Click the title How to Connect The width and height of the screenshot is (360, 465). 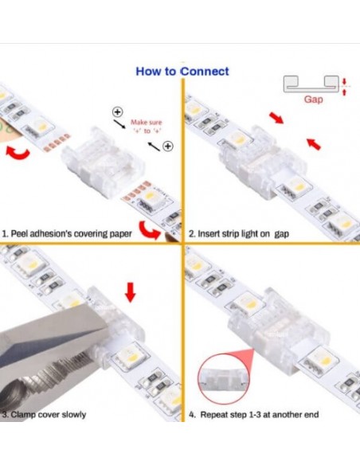click(182, 71)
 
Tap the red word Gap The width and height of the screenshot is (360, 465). click(314, 100)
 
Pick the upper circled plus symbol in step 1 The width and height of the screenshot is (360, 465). click(117, 111)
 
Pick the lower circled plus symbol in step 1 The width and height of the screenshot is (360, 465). click(167, 146)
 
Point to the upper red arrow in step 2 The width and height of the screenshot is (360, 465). click(275, 119)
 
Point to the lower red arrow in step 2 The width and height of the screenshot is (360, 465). click(314, 144)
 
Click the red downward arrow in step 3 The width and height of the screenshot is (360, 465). click(131, 291)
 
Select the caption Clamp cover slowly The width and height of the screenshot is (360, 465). click(45, 415)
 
